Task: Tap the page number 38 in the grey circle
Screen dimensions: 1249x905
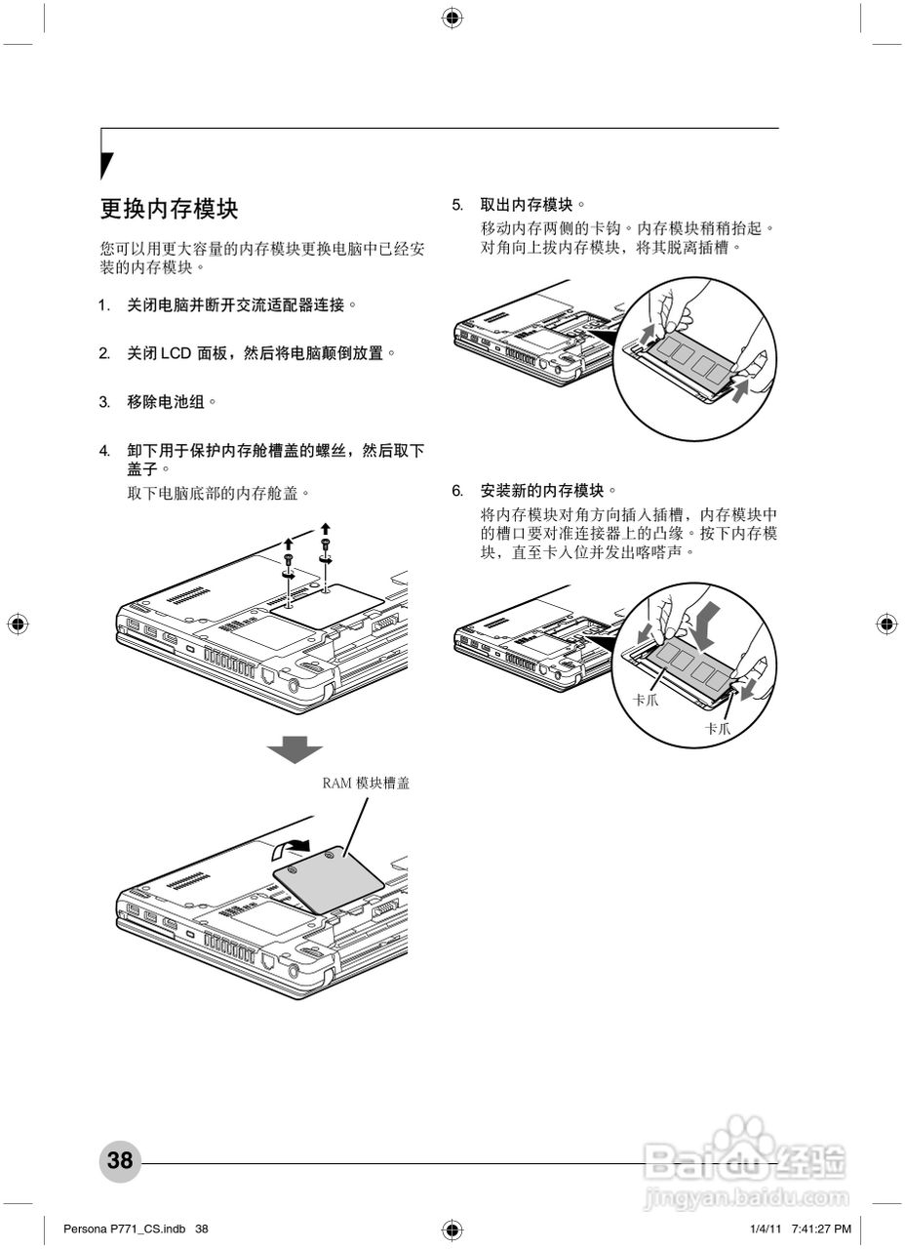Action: click(120, 1160)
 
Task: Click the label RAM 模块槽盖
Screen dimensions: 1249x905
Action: click(366, 783)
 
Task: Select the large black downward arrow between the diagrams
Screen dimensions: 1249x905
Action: click(295, 749)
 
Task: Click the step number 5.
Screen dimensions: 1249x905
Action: click(456, 205)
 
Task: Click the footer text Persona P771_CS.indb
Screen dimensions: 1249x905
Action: click(124, 1228)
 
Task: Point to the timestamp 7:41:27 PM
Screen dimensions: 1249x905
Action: click(821, 1228)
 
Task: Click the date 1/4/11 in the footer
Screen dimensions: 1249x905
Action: click(767, 1228)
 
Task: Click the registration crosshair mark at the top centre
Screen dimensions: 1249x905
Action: click(452, 18)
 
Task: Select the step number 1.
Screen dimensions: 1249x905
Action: click(103, 305)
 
